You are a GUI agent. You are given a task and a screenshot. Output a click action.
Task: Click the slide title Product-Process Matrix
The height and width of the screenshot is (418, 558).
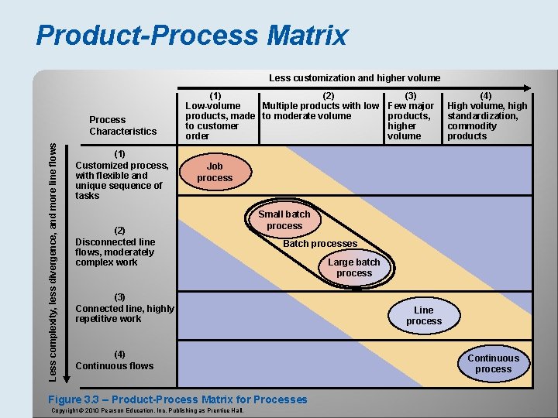point(191,36)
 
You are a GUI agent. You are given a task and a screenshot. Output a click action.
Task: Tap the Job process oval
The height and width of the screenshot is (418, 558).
point(215,172)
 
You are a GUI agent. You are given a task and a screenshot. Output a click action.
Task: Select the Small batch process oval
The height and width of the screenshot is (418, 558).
point(284,220)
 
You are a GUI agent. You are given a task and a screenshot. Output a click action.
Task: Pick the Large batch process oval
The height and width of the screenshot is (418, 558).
point(354,268)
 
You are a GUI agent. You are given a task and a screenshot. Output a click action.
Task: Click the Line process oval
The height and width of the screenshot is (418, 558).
point(424,316)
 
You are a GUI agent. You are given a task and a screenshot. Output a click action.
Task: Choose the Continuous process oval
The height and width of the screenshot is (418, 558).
point(493,364)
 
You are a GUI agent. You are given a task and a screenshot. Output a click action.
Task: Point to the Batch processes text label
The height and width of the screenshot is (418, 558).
point(320,244)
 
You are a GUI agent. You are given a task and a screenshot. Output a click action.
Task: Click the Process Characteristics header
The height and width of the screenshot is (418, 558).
point(122,125)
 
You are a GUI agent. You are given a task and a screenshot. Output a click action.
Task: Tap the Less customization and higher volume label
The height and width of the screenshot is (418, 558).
point(354,77)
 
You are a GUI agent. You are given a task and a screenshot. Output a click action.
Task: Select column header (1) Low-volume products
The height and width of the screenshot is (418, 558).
point(219,115)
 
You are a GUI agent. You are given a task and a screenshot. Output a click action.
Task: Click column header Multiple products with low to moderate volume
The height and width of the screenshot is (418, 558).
point(321,111)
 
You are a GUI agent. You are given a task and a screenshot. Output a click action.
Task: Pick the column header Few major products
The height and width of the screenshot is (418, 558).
point(410,115)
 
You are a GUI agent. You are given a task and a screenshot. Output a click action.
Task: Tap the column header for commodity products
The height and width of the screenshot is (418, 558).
point(487,115)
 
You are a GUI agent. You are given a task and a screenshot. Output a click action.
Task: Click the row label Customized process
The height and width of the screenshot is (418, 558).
point(122,175)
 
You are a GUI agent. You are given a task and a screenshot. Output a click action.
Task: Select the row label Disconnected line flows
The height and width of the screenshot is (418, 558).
point(116,247)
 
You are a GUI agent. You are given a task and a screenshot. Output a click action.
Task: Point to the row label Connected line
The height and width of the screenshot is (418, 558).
point(124,308)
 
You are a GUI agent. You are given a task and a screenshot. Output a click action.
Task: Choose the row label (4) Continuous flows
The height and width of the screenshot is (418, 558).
point(115,360)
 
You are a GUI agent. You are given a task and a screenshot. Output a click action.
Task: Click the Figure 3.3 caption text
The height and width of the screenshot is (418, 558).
point(178,399)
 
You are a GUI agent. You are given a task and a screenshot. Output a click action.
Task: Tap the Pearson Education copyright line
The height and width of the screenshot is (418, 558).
point(146,410)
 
